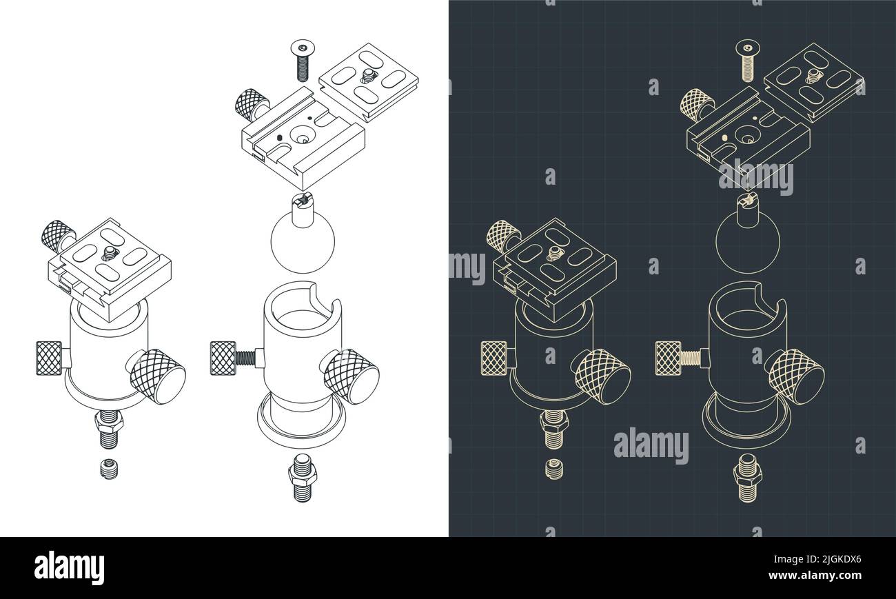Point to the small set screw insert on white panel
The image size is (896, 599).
pyautogui.click(x=109, y=468)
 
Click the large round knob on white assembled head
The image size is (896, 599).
pyautogui.click(x=158, y=375)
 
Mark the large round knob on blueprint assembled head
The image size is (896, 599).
pyautogui.click(x=602, y=375)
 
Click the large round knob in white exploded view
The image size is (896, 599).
pyautogui.click(x=352, y=375)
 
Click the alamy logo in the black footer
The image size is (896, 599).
pyautogui.click(x=70, y=568)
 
